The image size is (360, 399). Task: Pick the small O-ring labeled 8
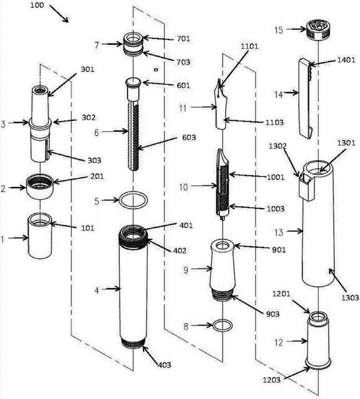222,325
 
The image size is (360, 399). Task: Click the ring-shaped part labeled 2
40,186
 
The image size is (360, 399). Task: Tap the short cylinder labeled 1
40,235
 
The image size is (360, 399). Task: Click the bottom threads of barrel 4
134,344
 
